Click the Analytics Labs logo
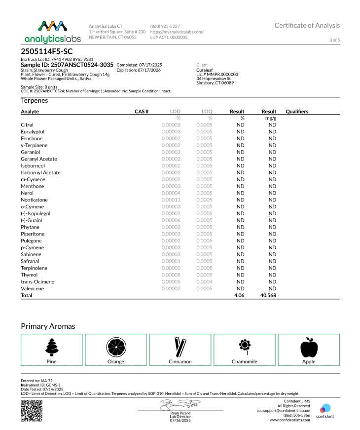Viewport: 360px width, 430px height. (52, 32)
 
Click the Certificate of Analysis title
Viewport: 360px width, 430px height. (307, 26)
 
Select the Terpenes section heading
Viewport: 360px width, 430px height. (35, 100)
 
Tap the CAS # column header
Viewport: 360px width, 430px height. (142, 112)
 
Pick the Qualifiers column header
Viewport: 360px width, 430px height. (297, 112)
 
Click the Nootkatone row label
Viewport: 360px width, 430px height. (35, 200)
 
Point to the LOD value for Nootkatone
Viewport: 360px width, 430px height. (171, 200)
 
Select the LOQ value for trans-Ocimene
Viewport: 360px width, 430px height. (204, 282)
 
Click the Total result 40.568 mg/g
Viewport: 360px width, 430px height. (268, 295)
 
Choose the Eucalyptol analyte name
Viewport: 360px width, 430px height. (33, 132)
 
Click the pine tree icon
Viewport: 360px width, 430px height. (51, 347)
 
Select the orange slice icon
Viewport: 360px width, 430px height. (116, 347)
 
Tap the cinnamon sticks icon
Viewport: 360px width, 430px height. (180, 347)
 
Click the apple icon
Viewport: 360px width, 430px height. (309, 347)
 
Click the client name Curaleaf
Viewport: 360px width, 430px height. (205, 70)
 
